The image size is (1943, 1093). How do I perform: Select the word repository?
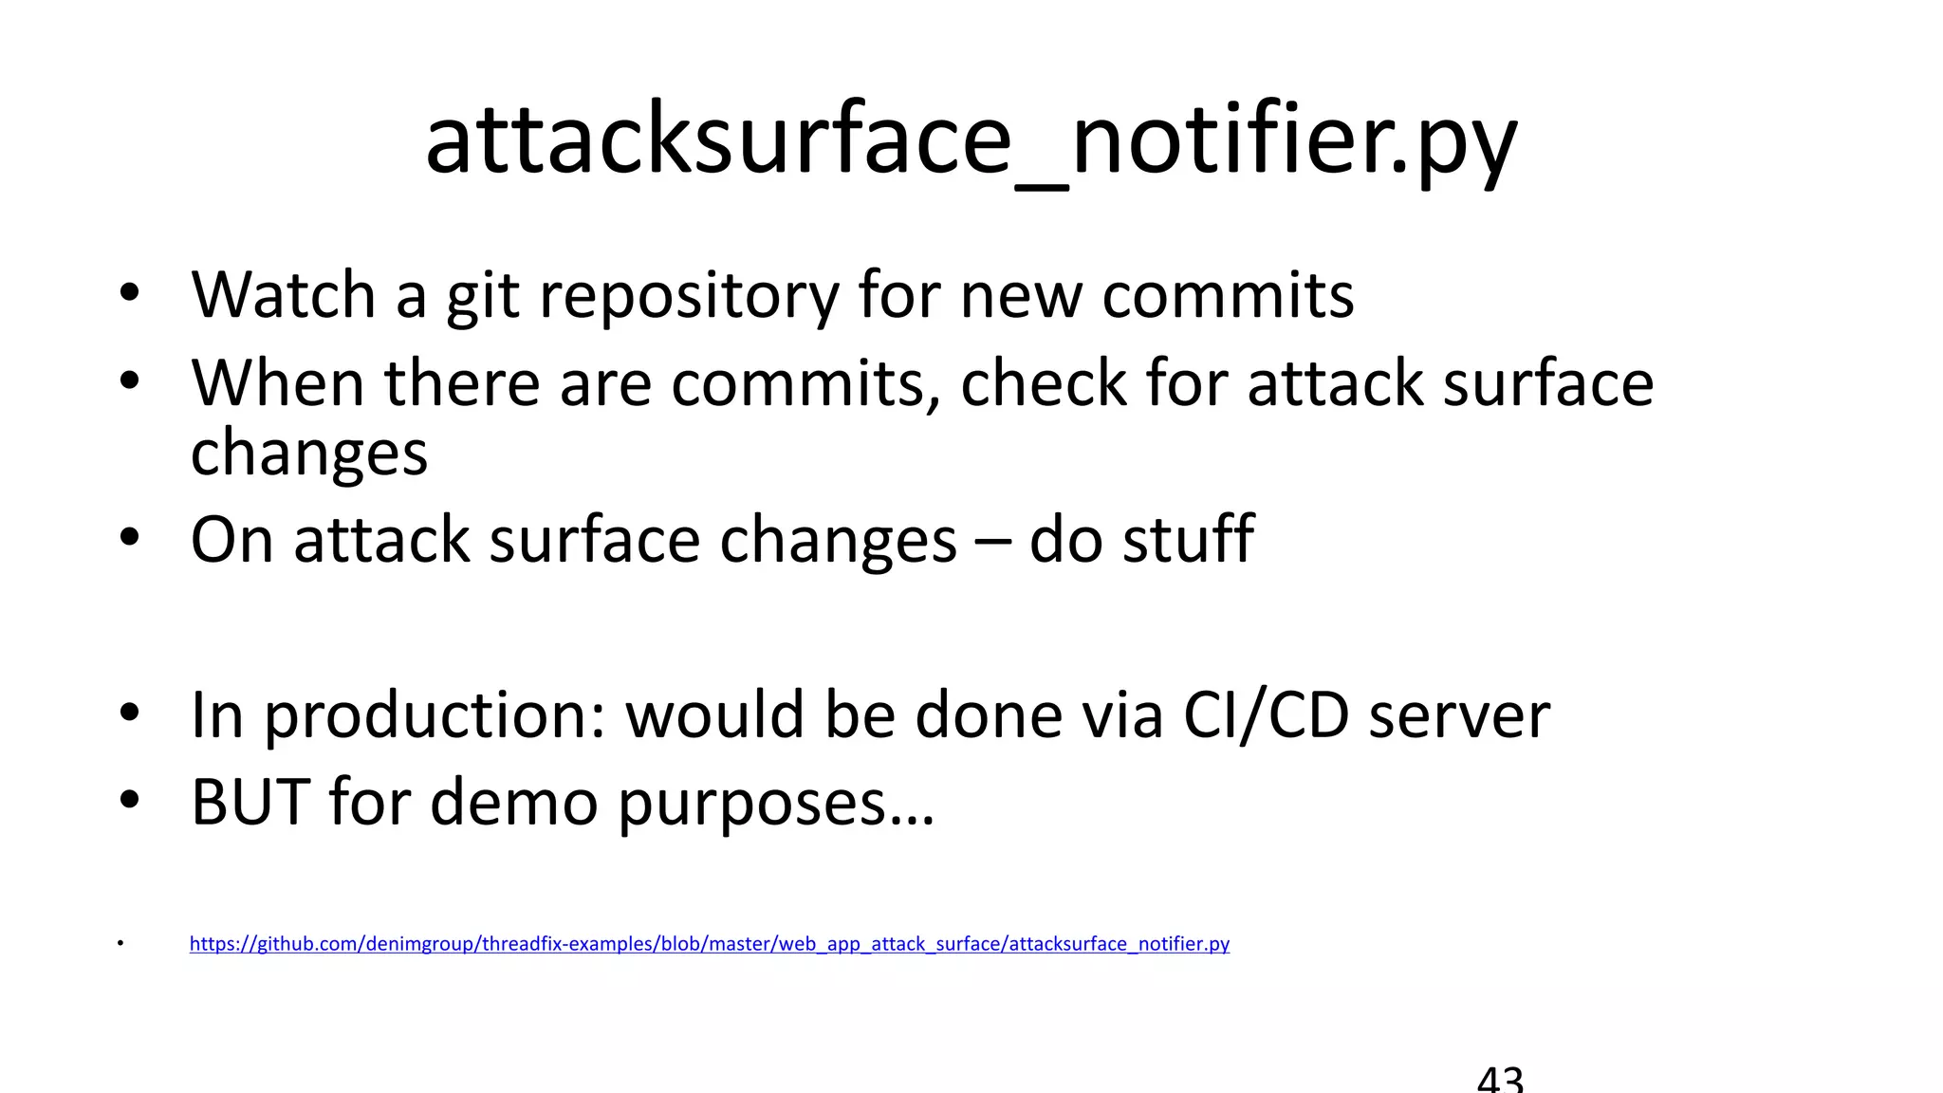pyautogui.click(x=689, y=296)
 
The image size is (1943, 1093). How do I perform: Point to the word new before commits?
pyautogui.click(x=1020, y=296)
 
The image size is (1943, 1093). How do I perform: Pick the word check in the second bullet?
pyautogui.click(x=1043, y=383)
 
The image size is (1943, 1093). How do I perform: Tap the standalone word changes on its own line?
pyautogui.click(x=309, y=454)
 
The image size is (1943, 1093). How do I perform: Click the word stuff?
pyautogui.click(x=1189, y=539)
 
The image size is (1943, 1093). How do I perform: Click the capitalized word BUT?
pyautogui.click(x=250, y=803)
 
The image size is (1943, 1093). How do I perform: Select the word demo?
pyautogui.click(x=513, y=803)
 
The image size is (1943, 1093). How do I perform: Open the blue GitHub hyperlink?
pyautogui.click(x=709, y=944)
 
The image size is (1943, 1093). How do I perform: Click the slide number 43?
pyautogui.click(x=1500, y=1080)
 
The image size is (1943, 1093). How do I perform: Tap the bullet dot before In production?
pyautogui.click(x=130, y=713)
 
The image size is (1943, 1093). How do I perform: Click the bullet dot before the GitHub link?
pyautogui.click(x=120, y=944)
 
